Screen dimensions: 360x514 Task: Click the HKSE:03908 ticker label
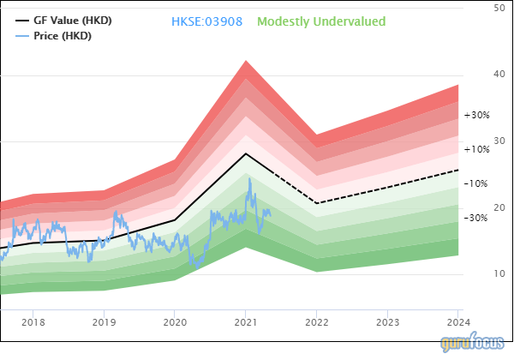(208, 21)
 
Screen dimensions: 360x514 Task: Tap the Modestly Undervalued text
(321, 21)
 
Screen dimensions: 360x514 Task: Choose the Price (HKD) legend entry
(62, 36)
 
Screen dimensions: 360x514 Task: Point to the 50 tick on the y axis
(499, 8)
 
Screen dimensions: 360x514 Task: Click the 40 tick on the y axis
(499, 75)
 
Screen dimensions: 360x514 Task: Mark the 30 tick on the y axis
(499, 141)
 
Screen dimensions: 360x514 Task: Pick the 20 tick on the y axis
(499, 208)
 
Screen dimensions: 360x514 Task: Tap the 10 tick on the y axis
(499, 274)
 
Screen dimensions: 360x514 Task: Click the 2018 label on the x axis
(33, 322)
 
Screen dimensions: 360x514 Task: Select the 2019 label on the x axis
(104, 322)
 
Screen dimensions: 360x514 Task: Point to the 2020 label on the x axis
(175, 322)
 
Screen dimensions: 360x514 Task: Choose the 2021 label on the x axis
(246, 322)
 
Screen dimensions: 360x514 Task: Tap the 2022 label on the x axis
(316, 322)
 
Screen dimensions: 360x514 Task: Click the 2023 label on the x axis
(387, 322)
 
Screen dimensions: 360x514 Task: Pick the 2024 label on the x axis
(457, 322)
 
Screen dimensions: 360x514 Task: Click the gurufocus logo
(474, 344)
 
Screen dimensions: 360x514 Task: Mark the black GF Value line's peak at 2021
(246, 153)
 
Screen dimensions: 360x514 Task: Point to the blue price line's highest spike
(250, 179)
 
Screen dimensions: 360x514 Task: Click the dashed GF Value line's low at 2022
(317, 203)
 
